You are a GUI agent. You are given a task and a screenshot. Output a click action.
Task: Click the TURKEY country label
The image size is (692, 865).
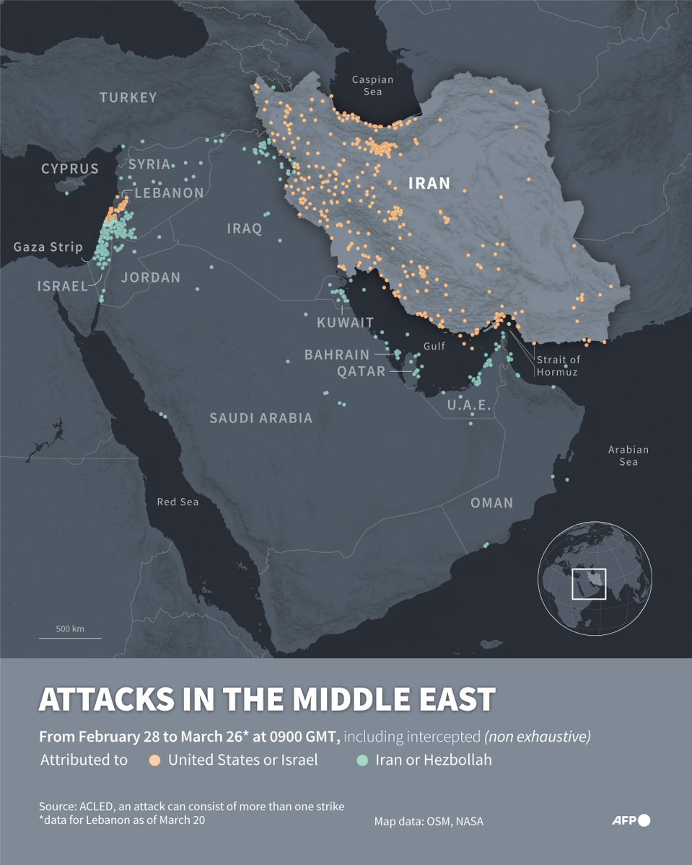coord(128,97)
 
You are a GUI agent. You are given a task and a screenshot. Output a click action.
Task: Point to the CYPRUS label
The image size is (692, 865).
coord(69,169)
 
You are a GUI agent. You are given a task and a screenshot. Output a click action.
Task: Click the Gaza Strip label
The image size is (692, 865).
coord(48,247)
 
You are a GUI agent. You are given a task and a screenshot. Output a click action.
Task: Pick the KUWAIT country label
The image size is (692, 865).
coord(345,322)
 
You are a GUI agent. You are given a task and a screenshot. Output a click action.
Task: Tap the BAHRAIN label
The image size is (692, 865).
coord(336,355)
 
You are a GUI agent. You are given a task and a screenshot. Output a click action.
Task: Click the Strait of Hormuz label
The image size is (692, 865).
coord(557,366)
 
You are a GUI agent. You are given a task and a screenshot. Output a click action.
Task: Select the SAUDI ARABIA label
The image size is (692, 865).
coord(260,418)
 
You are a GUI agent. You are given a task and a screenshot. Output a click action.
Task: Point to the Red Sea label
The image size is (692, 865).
coord(178,502)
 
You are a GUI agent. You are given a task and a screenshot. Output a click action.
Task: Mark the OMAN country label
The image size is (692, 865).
coord(491,502)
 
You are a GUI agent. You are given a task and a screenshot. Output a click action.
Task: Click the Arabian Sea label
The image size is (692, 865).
coord(628,455)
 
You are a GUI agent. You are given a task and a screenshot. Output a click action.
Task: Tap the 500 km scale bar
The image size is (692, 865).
coord(70,633)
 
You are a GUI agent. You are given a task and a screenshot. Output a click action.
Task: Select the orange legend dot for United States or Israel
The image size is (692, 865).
coord(154,760)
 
